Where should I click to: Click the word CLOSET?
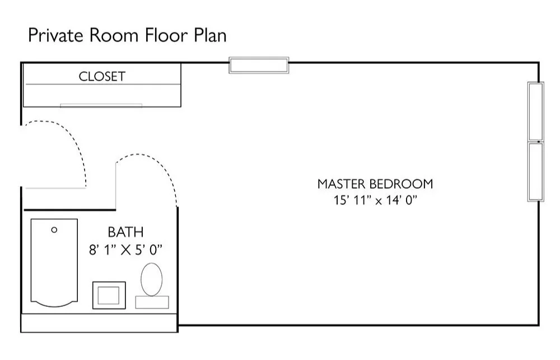tap(102, 77)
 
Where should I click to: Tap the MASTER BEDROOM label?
tap(375, 184)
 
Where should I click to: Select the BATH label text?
tap(125, 232)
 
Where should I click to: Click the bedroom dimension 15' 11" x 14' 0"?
tap(375, 200)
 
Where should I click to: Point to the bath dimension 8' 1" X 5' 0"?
tap(125, 250)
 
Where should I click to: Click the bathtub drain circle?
tap(54, 230)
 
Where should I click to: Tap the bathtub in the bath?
tap(54, 263)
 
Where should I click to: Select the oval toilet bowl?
tap(151, 279)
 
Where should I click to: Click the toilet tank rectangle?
tap(152, 302)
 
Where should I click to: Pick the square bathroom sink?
tap(109, 296)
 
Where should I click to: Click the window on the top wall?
tap(259, 66)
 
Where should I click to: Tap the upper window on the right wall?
tap(536, 111)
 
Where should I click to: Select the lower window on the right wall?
tap(536, 171)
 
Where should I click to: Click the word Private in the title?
tap(55, 35)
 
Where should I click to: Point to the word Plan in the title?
tap(211, 35)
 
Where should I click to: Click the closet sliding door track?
tap(101, 105)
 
